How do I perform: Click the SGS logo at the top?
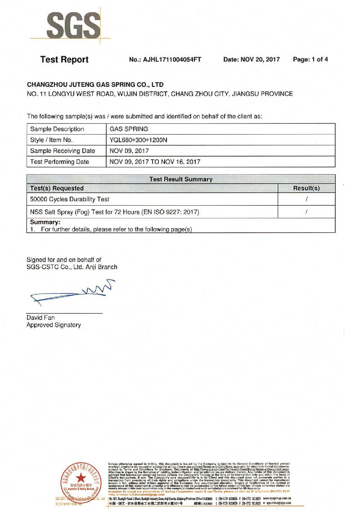point(74,26)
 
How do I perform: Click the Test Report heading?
point(64,59)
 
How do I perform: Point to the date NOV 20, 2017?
point(252,59)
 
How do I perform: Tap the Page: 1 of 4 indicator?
point(310,59)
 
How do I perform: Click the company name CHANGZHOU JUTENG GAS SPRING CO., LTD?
point(95,84)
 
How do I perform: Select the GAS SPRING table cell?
point(129,129)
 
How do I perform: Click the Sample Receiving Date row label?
point(63,151)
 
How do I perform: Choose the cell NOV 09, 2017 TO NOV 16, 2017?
point(155,162)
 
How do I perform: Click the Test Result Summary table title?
point(180,179)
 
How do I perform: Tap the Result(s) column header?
point(306,188)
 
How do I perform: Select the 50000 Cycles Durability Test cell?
point(69,199)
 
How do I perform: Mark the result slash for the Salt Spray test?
point(306,212)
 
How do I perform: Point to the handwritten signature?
point(72,291)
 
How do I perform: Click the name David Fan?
point(40,318)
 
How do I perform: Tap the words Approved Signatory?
point(54,325)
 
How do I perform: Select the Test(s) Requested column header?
point(57,188)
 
